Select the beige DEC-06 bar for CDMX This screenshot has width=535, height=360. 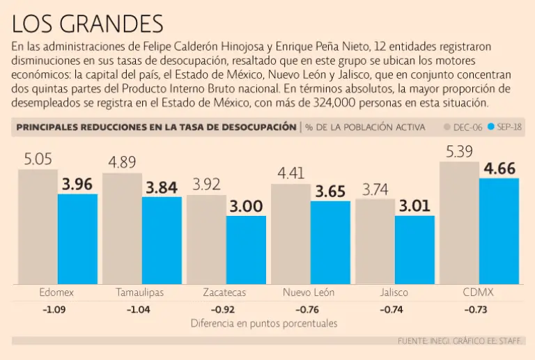pyautogui.click(x=459, y=223)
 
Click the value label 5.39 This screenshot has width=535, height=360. pyautogui.click(x=459, y=150)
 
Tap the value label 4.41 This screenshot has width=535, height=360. pyautogui.click(x=290, y=173)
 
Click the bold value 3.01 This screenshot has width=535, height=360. pyautogui.click(x=415, y=206)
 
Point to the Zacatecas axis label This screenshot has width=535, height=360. pyautogui.click(x=224, y=292)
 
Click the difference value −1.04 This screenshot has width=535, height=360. pyautogui.click(x=140, y=309)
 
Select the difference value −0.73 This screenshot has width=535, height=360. pyautogui.click(x=479, y=309)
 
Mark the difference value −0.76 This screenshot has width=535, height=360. pyautogui.click(x=309, y=309)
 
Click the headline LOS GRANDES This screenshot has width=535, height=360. pyautogui.click(x=88, y=24)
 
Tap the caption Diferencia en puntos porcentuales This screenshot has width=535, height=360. pyautogui.click(x=264, y=324)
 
